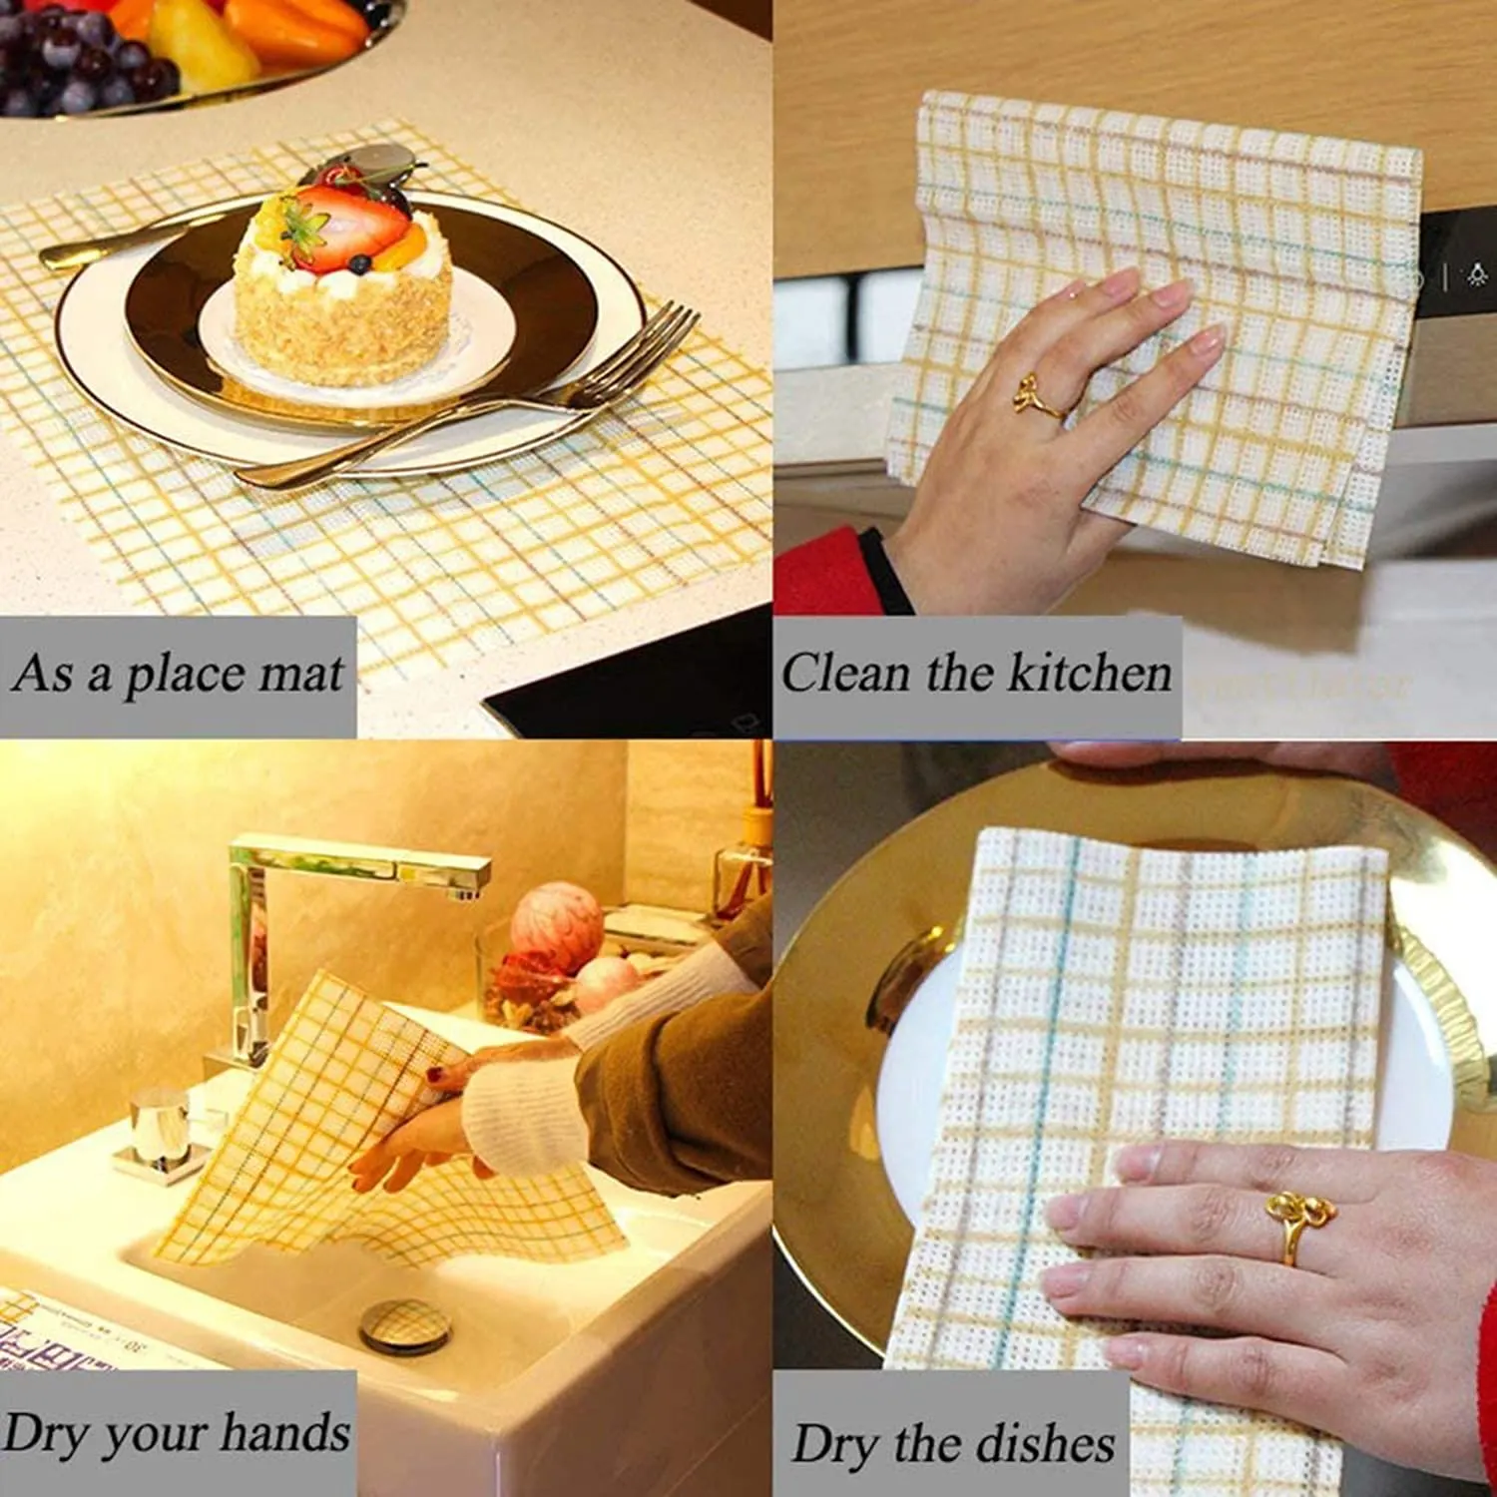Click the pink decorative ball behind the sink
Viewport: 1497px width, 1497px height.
click(x=557, y=926)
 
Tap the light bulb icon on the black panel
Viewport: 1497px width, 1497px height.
click(x=1477, y=274)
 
